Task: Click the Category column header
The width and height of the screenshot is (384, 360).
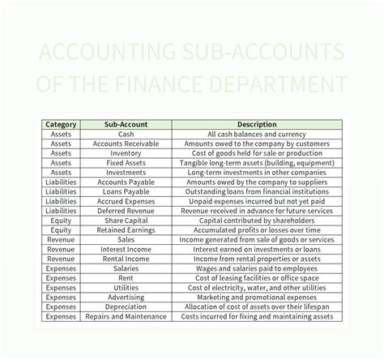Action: click(x=62, y=124)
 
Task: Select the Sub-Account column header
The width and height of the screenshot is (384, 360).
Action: click(x=126, y=124)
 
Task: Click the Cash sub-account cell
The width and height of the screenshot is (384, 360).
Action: click(x=126, y=134)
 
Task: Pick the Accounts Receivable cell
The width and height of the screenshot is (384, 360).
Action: click(x=126, y=144)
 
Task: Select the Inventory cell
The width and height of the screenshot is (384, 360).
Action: click(x=126, y=153)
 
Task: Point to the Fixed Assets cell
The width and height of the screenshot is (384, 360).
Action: click(x=126, y=163)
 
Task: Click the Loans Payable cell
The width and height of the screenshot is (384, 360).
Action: click(x=126, y=192)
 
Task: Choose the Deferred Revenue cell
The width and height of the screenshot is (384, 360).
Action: click(x=126, y=212)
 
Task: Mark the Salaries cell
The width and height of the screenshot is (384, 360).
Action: click(x=126, y=268)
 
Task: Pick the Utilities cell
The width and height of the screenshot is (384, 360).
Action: click(x=126, y=288)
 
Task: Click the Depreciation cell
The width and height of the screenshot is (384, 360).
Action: click(x=126, y=307)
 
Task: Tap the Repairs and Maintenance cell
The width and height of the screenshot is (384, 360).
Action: click(x=126, y=317)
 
